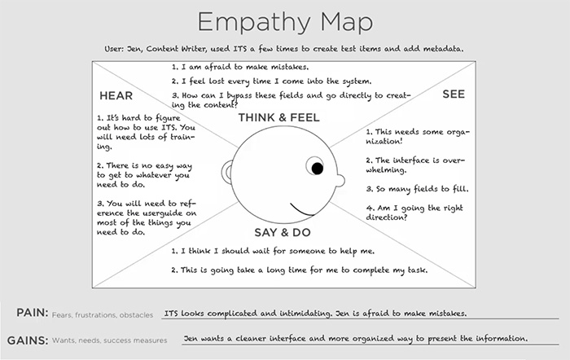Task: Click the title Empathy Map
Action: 284,21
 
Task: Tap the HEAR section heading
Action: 116,95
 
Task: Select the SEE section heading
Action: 454,95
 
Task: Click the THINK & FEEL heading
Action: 278,118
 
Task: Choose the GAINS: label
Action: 32,339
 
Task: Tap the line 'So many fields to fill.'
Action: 416,190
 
